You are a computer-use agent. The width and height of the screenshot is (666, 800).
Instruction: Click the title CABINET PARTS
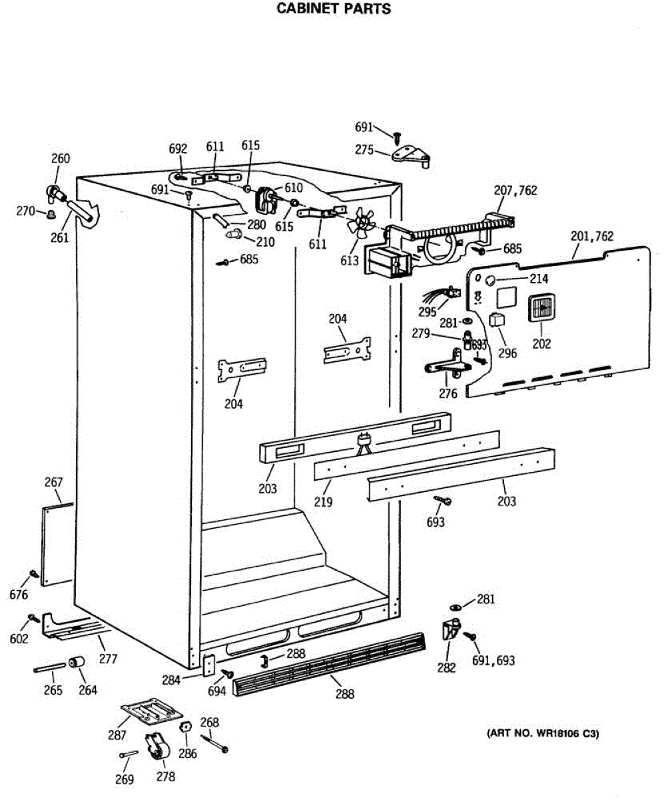pyautogui.click(x=333, y=9)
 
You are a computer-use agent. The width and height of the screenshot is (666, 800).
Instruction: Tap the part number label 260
pyautogui.click(x=61, y=159)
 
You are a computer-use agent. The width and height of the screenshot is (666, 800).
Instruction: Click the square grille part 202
pyautogui.click(x=541, y=309)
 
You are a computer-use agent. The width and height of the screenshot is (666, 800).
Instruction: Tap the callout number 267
pyautogui.click(x=53, y=482)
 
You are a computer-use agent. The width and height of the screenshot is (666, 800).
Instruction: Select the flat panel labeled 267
pyautogui.click(x=57, y=543)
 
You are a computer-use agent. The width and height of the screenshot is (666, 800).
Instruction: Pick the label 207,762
pyautogui.click(x=515, y=191)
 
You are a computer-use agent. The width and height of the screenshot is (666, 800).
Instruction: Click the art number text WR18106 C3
pyautogui.click(x=543, y=734)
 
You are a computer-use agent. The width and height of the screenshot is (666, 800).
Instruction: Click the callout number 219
pyautogui.click(x=324, y=501)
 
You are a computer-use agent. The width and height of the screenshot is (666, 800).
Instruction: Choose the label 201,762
pyautogui.click(x=592, y=236)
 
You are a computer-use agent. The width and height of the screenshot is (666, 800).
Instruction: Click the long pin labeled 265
pyautogui.click(x=49, y=667)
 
